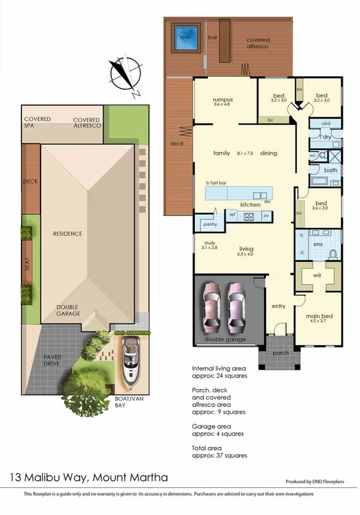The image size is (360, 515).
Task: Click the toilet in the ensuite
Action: point(333,252)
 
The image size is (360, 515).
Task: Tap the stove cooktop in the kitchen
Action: point(249,216)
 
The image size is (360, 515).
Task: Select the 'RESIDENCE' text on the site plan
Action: point(67,234)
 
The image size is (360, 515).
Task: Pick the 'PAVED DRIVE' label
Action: point(56,360)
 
